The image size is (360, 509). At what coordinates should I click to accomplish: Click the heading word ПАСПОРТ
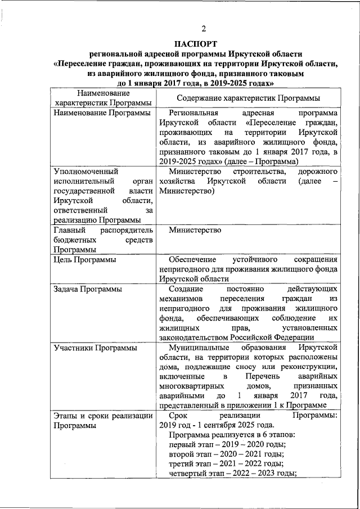click(x=195, y=43)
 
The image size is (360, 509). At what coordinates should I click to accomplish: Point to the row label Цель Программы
click(x=85, y=259)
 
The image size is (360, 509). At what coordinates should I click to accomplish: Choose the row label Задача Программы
click(x=88, y=289)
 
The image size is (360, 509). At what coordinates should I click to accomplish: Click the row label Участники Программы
click(x=96, y=348)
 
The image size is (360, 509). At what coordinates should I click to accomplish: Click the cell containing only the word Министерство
click(x=195, y=230)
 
